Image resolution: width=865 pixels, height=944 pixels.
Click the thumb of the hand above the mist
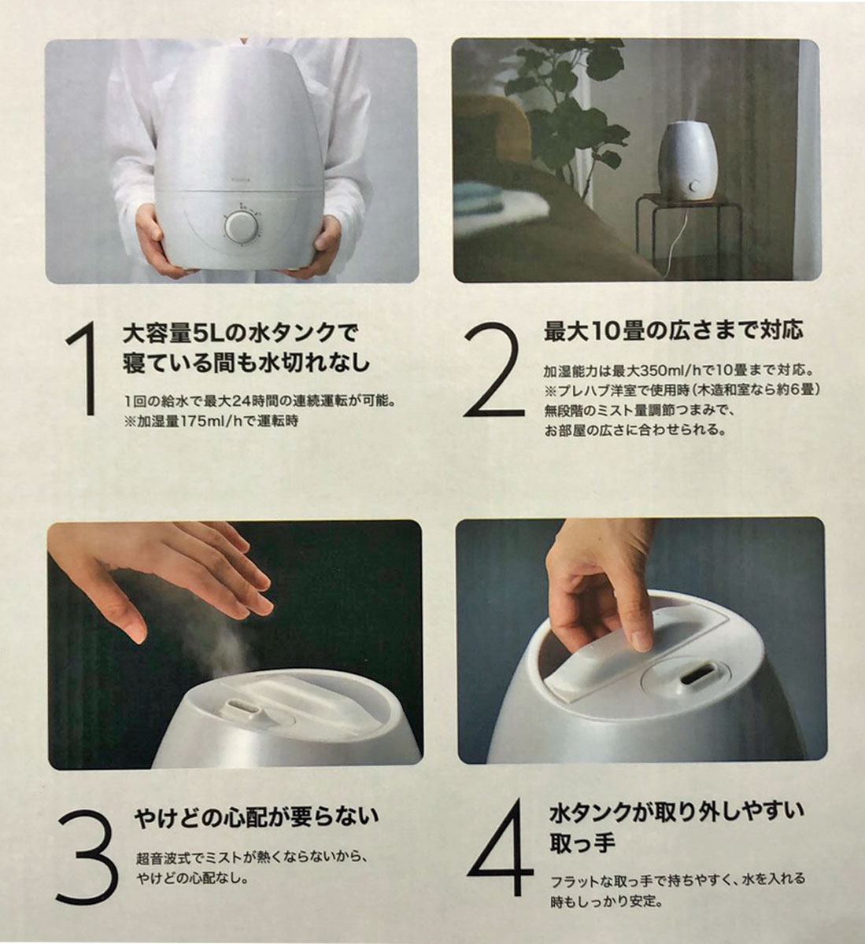(x=128, y=615)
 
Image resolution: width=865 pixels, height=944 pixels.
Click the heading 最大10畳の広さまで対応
(x=674, y=332)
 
